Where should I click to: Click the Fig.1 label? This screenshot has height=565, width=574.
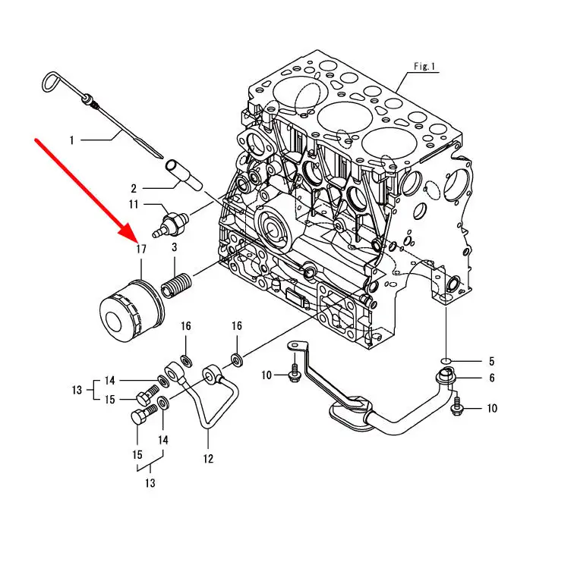pos(424,66)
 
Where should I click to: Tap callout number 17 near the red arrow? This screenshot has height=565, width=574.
pos(141,250)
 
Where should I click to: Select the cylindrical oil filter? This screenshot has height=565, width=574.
pos(132,310)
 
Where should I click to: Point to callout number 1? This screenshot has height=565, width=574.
pos(72,140)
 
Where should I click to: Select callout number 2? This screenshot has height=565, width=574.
pos(134,188)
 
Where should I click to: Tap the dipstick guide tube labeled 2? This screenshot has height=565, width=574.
pos(184,174)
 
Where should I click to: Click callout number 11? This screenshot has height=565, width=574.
pos(134,204)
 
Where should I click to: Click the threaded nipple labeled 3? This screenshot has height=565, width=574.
pos(176,286)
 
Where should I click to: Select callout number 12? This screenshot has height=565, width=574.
pos(208,459)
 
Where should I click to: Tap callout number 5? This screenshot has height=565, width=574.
pos(492,361)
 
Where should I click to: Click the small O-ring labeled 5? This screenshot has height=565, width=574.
pos(446,361)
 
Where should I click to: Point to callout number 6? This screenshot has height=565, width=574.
pos(492,378)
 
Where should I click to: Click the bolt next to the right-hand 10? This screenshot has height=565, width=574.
pos(456,406)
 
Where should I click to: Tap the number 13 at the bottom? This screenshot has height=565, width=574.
pos(150,483)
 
